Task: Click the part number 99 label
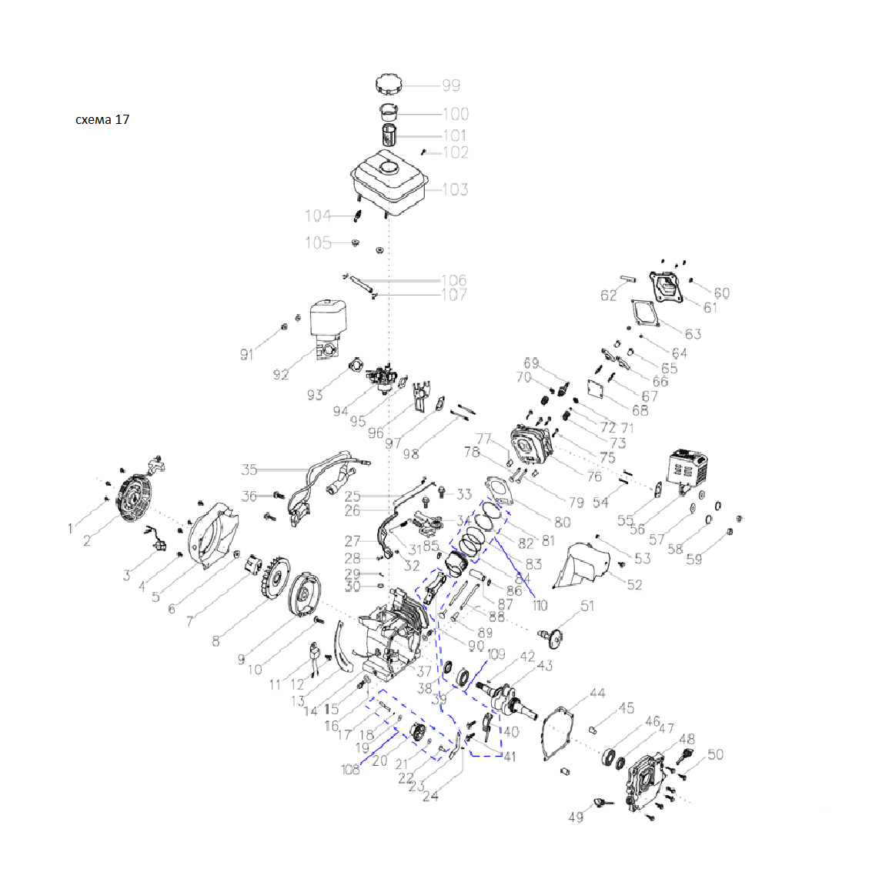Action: point(451,85)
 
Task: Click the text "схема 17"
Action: point(102,119)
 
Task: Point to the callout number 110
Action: point(540,605)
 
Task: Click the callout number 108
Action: point(351,769)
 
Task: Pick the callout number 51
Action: point(587,606)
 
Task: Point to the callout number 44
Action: point(597,693)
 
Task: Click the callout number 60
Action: point(721,293)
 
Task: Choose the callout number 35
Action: point(249,470)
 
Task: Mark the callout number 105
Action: point(318,242)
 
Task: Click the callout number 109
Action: point(496,654)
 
